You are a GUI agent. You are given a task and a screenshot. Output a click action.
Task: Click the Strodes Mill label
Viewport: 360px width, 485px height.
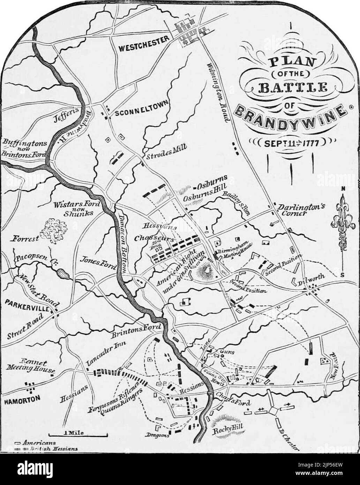tap(166, 152)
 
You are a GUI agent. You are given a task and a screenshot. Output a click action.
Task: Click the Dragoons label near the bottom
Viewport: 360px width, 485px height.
tap(157, 435)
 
